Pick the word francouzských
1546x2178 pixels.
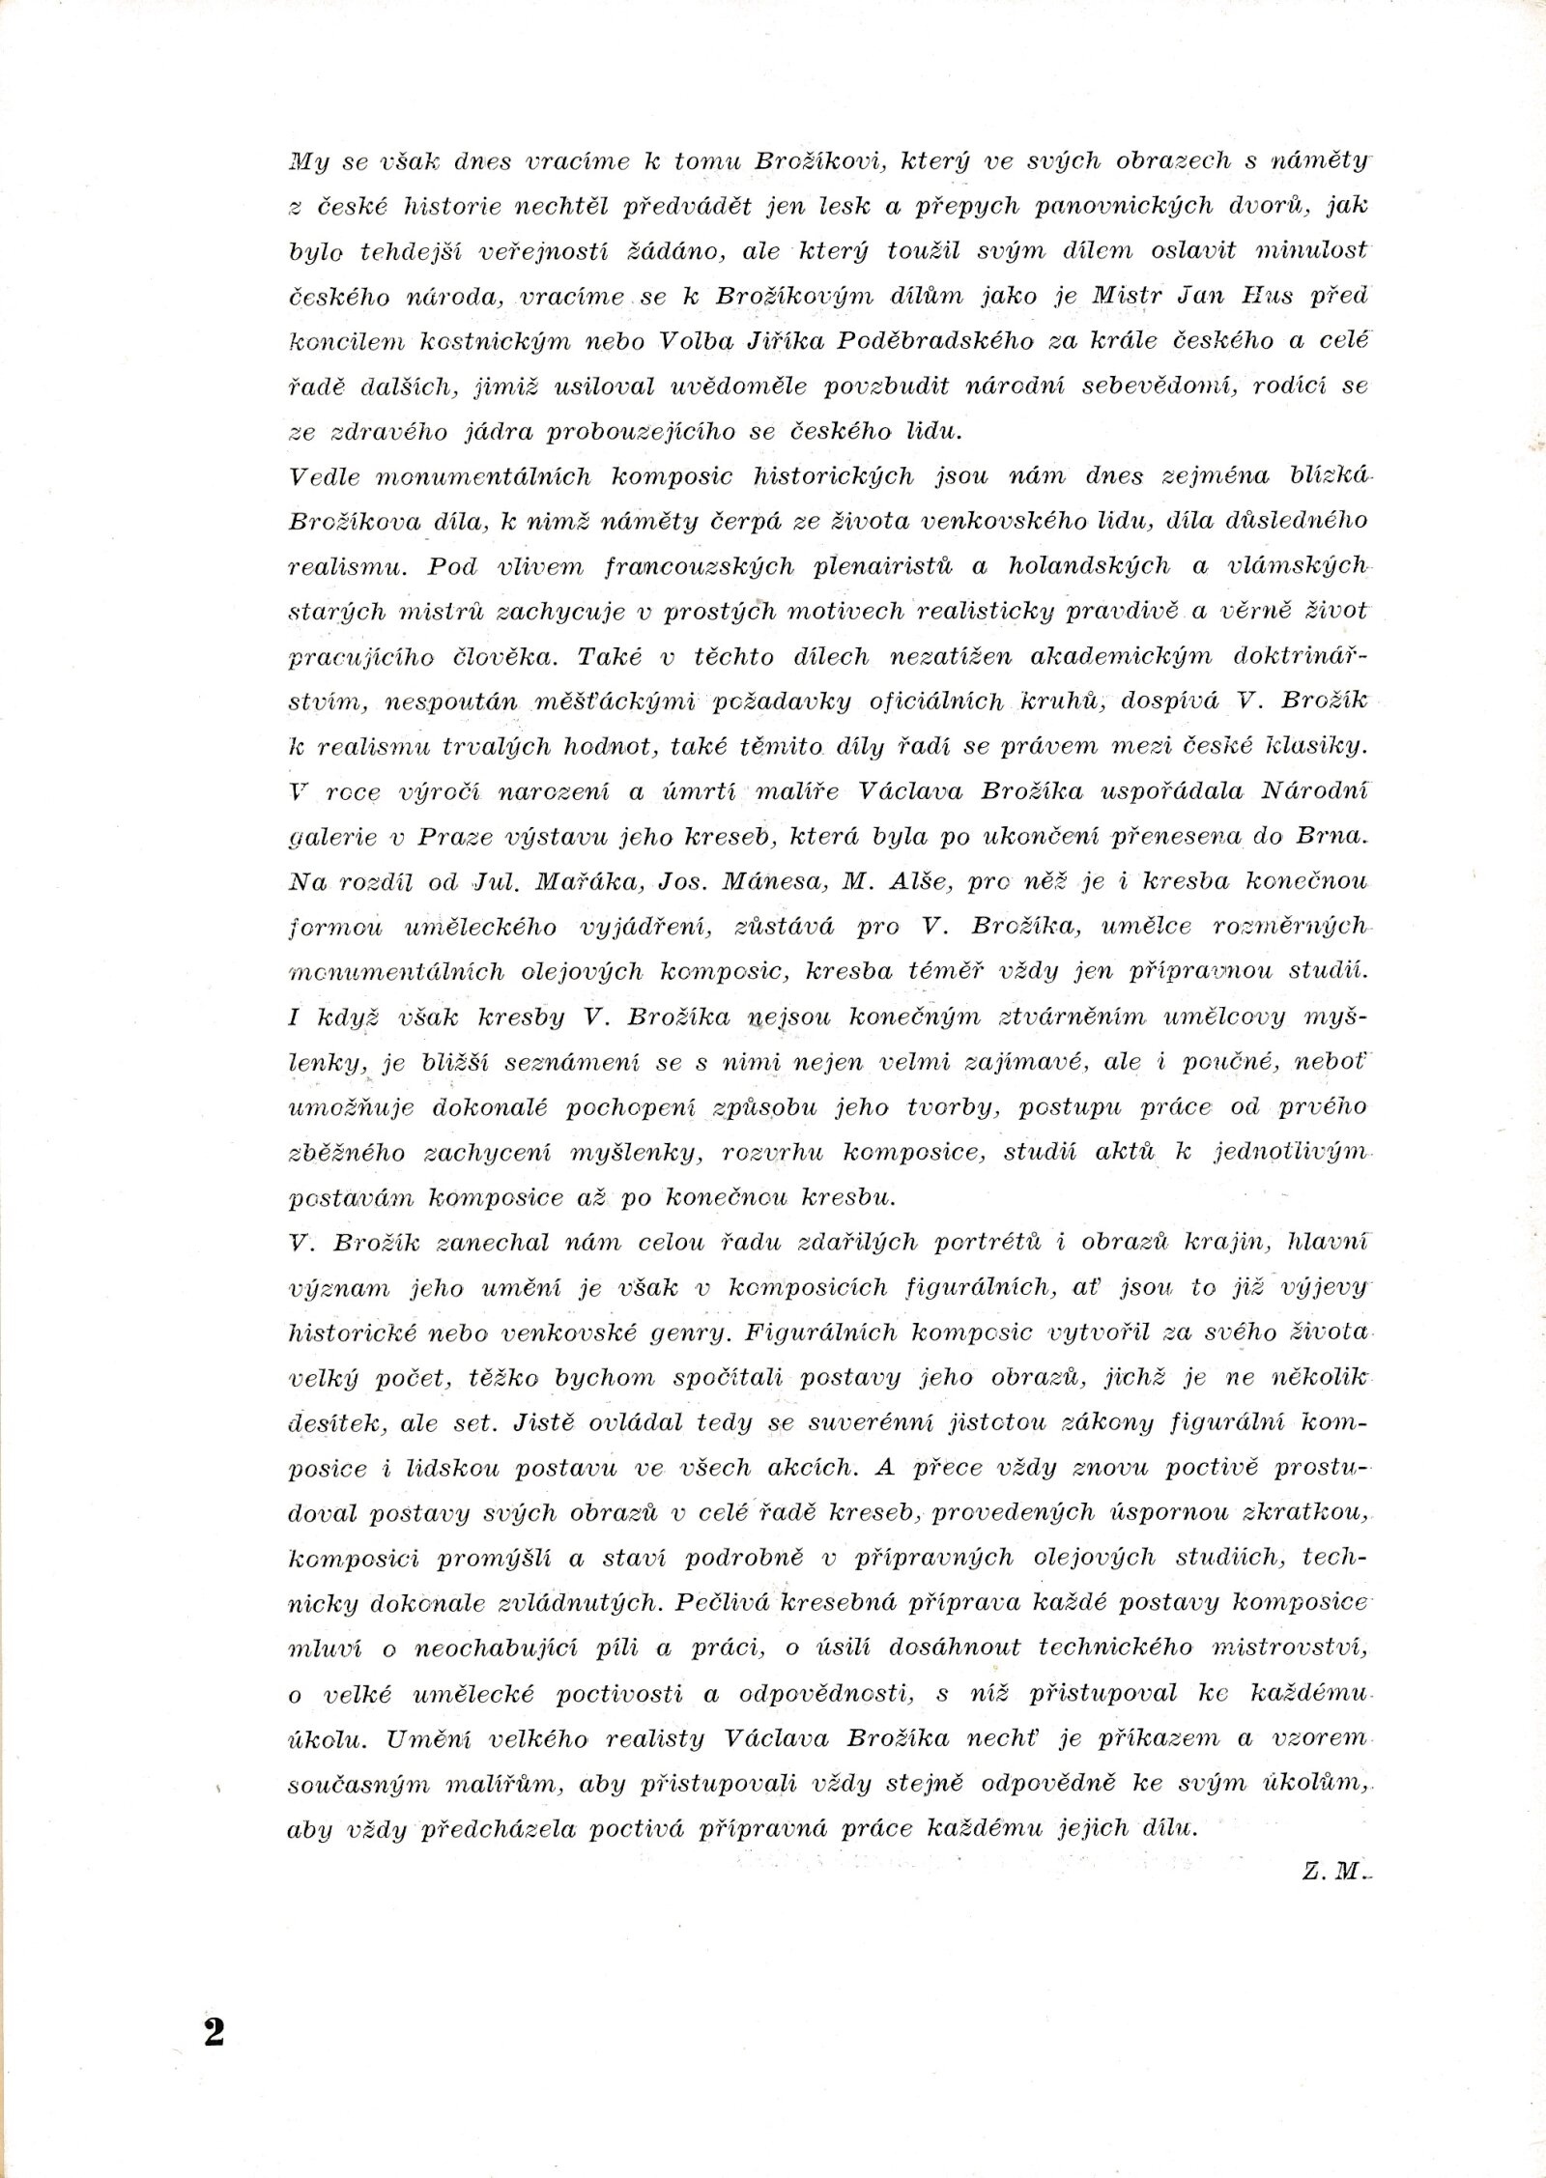click(x=685, y=566)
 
